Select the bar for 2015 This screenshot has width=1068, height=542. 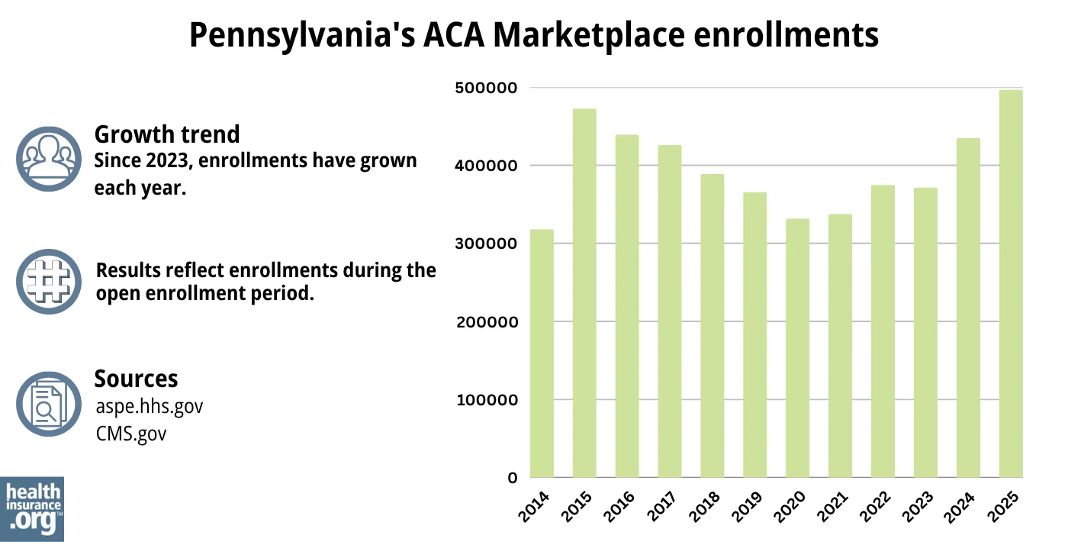tap(584, 293)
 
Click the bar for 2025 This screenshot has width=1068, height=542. tap(1011, 284)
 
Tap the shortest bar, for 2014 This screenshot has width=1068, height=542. tap(542, 353)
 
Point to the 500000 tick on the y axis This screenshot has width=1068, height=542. tap(487, 88)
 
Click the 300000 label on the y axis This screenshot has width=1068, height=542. tap(487, 244)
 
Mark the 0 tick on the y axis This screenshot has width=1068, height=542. tap(513, 479)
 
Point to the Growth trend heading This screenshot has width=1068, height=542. tap(166, 134)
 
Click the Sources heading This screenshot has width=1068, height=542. tap(136, 379)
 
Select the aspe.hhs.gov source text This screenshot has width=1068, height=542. tap(150, 406)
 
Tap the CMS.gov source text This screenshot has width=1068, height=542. tap(131, 434)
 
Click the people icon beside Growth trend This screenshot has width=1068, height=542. tap(48, 159)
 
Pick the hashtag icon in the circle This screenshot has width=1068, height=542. tap(48, 281)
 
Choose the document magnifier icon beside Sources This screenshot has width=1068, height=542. tap(48, 404)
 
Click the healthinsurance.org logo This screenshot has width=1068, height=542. tap(32, 508)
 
